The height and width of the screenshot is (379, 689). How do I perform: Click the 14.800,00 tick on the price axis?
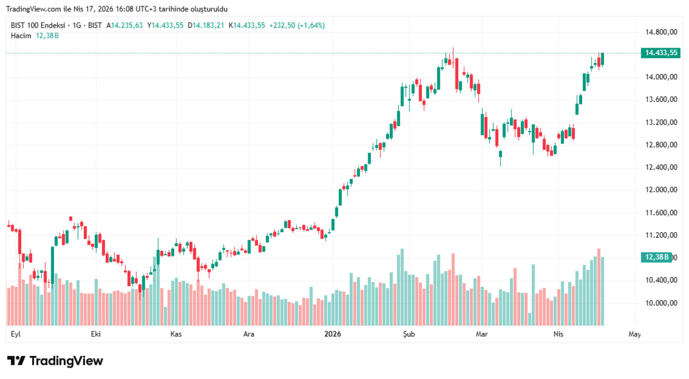point(661,32)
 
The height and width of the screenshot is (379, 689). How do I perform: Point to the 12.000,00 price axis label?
point(661,190)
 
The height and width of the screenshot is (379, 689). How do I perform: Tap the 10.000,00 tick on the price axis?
point(661,303)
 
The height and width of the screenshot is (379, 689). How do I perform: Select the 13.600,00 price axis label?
point(661,100)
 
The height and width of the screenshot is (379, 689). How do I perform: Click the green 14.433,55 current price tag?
point(661,53)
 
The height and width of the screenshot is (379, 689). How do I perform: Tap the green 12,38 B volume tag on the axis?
point(656,257)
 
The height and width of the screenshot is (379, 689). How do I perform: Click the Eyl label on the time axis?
point(16,334)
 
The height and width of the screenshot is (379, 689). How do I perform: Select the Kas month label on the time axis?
point(176,334)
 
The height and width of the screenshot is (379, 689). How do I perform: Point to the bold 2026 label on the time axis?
point(332,334)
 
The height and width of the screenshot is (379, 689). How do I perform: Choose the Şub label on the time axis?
point(409,334)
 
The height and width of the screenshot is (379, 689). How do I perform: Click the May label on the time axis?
point(634,334)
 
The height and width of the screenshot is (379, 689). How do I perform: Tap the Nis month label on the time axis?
point(558,334)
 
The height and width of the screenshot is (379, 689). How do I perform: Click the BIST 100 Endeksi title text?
point(38,25)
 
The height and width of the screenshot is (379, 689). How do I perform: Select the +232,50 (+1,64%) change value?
point(297,25)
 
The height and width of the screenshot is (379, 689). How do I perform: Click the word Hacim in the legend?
point(21,36)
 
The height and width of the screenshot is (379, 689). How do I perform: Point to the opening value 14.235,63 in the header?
point(127,25)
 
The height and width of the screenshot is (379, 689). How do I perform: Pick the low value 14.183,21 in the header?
point(208,25)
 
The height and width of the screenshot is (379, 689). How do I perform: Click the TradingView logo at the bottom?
point(55,361)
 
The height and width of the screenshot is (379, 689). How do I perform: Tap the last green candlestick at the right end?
point(602,59)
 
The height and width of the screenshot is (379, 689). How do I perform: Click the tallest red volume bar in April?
point(599,287)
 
